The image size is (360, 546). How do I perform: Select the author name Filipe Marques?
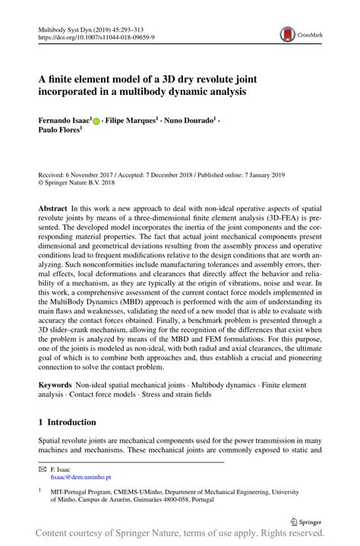coord(133,122)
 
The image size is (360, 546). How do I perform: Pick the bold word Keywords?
coord(58,387)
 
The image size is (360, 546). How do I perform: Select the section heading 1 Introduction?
coord(68,421)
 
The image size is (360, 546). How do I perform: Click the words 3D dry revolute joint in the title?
coord(194,76)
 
